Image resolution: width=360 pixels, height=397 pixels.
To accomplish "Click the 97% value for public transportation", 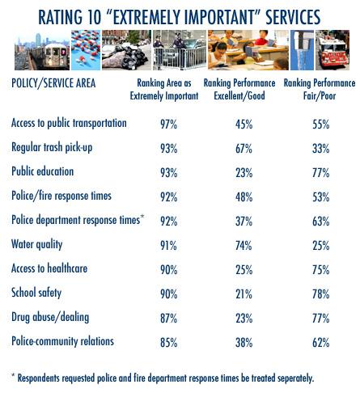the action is (169, 125).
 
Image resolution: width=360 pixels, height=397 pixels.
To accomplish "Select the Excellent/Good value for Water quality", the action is (244, 246).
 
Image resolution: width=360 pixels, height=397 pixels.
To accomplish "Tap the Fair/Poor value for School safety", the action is (321, 294).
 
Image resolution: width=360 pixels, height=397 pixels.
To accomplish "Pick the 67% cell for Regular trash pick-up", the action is (244, 149).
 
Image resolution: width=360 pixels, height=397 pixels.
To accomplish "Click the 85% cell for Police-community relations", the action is (169, 343).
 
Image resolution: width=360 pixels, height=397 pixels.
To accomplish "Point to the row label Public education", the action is (43, 171).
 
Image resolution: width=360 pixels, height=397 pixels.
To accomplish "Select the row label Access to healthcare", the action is (49, 268).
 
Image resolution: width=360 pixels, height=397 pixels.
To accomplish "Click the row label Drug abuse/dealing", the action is (50, 317).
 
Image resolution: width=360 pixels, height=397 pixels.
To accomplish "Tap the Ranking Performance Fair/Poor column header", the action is (320, 89).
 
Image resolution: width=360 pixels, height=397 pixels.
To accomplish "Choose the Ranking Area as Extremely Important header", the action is (164, 89).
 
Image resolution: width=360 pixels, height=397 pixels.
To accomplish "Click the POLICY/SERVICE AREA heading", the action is (53, 83).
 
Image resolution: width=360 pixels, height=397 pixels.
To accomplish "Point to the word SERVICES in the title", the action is (293, 17).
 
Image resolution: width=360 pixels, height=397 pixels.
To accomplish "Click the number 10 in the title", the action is (94, 17).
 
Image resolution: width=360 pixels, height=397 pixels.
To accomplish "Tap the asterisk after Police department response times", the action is (142, 217).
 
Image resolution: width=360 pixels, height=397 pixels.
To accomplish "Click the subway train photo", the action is (42, 50).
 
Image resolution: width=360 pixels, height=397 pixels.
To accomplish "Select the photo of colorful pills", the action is (86, 50).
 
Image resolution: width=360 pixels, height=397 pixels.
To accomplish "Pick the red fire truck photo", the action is (332, 50).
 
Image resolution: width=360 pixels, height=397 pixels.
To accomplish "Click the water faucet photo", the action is (302, 50).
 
